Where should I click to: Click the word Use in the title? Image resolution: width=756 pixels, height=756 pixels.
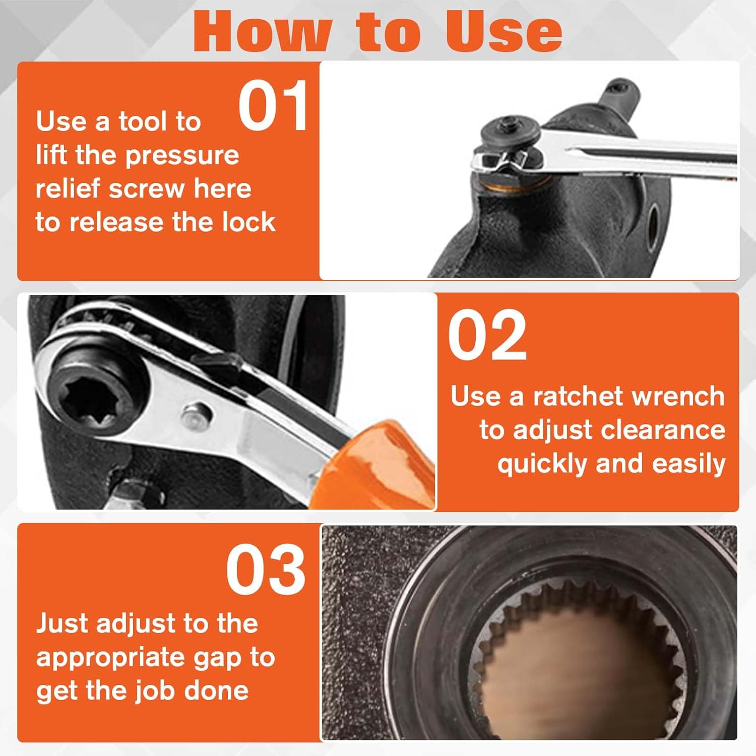[504, 31]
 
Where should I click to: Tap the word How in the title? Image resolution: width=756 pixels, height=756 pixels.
[262, 31]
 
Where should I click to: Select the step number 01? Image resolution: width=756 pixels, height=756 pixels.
[273, 106]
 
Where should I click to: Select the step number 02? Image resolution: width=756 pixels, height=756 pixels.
[487, 336]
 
